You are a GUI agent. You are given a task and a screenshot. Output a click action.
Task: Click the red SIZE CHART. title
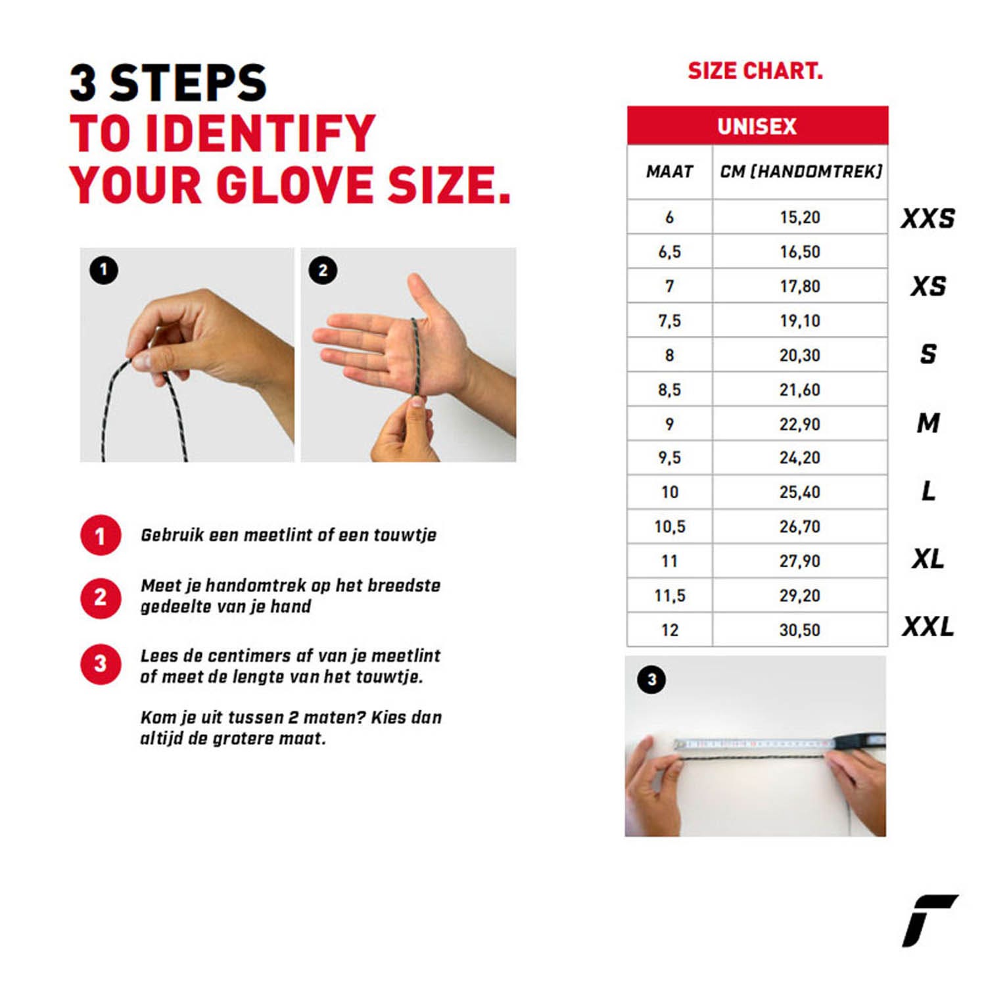pos(755,71)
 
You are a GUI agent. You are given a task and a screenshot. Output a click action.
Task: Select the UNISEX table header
pos(757,126)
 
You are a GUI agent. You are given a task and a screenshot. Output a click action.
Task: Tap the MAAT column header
pos(670,172)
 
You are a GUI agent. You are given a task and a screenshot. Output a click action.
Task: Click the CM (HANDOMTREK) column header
pos(801,172)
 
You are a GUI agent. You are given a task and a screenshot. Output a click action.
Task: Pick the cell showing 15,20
pos(800,217)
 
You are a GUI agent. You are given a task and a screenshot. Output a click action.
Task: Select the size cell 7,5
pos(670,321)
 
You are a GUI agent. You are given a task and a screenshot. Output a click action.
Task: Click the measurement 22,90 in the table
pos(800,424)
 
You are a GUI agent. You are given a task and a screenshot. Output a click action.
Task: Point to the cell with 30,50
pos(800,630)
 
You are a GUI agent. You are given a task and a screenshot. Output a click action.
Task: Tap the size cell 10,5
pos(670,527)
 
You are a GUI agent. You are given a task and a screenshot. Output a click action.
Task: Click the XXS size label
pos(927,218)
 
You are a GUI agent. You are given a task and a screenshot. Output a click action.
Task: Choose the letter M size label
pos(928,423)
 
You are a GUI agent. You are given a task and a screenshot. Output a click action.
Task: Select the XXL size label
pos(927,626)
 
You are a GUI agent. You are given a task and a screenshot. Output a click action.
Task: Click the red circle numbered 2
pos(101,598)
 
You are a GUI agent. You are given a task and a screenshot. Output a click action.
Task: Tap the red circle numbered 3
pos(101,664)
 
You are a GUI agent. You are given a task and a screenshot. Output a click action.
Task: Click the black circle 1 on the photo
pos(103,270)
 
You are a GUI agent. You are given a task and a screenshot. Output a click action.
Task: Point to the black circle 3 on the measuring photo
pos(651,680)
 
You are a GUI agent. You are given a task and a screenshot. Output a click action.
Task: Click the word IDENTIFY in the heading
pos(260,133)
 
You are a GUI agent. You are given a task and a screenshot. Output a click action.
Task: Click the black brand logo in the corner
pos(929,920)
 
